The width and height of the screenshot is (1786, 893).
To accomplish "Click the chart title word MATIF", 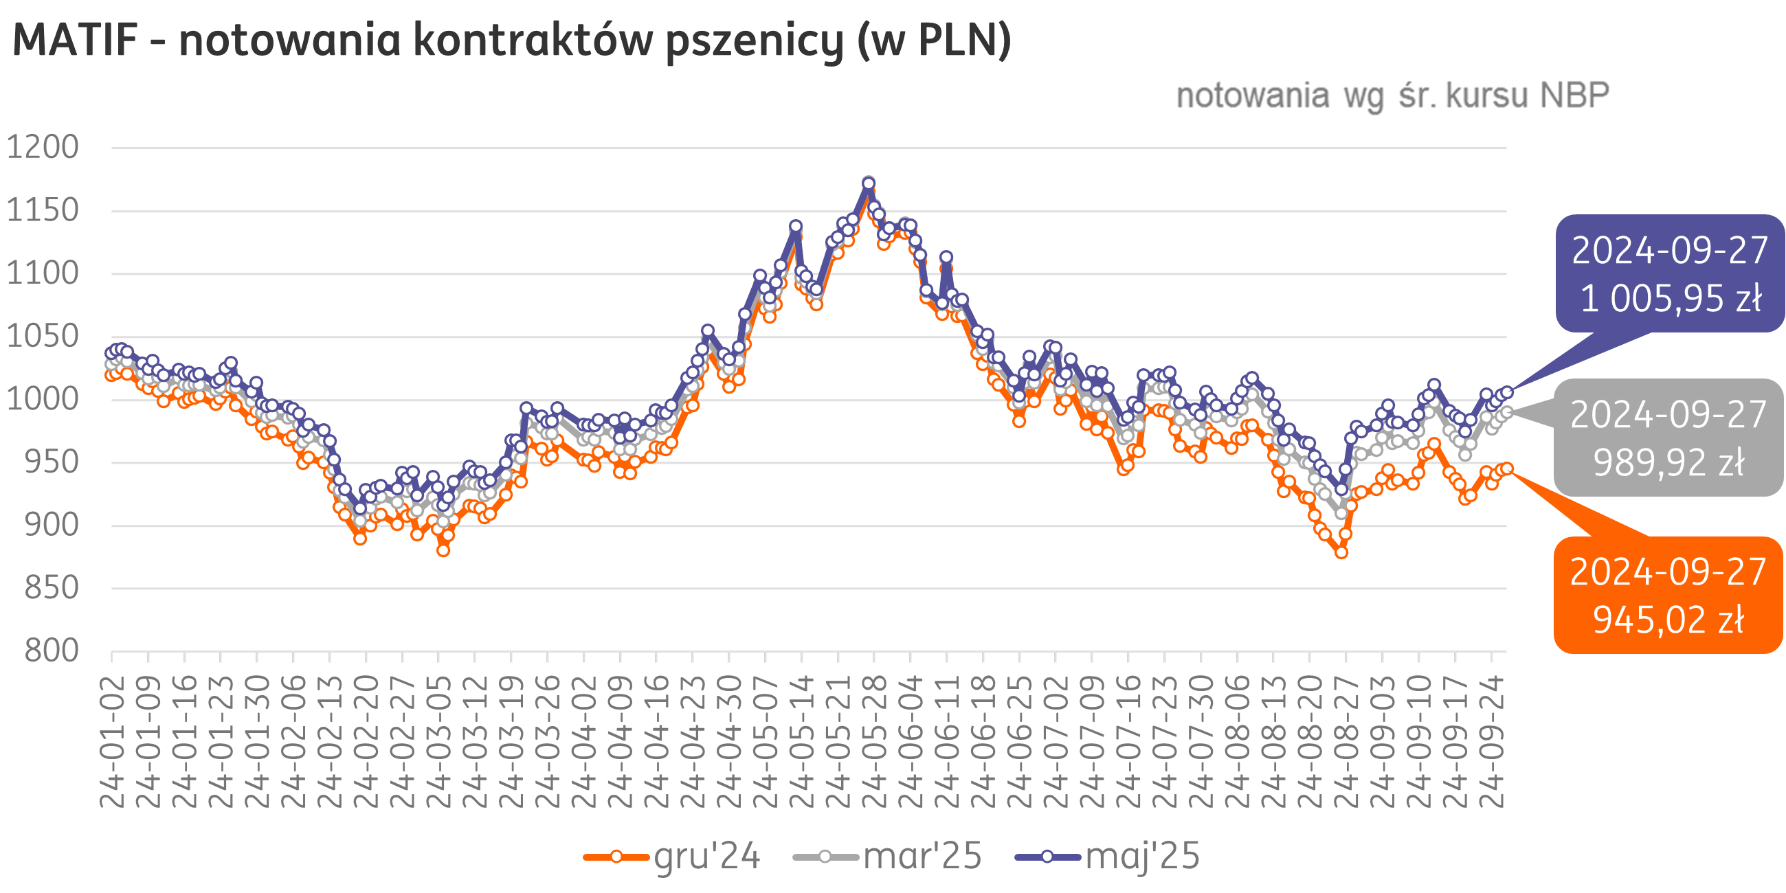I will tap(75, 41).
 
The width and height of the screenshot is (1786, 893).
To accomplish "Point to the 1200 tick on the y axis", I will tap(43, 147).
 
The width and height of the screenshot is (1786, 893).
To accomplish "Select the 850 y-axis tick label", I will tap(52, 588).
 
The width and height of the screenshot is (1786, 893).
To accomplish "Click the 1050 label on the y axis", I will tap(43, 337).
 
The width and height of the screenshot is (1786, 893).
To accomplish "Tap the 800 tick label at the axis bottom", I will tap(52, 651).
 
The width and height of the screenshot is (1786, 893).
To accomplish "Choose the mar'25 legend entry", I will tap(922, 857).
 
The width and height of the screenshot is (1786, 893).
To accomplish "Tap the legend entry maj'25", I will tap(1142, 857).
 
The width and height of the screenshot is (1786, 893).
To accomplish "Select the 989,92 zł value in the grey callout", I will tap(1668, 462).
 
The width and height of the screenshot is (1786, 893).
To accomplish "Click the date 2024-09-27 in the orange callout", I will tap(1668, 572).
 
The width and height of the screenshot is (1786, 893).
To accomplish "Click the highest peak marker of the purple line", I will tap(869, 183).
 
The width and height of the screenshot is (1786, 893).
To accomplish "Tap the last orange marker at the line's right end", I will tap(1506, 468).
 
